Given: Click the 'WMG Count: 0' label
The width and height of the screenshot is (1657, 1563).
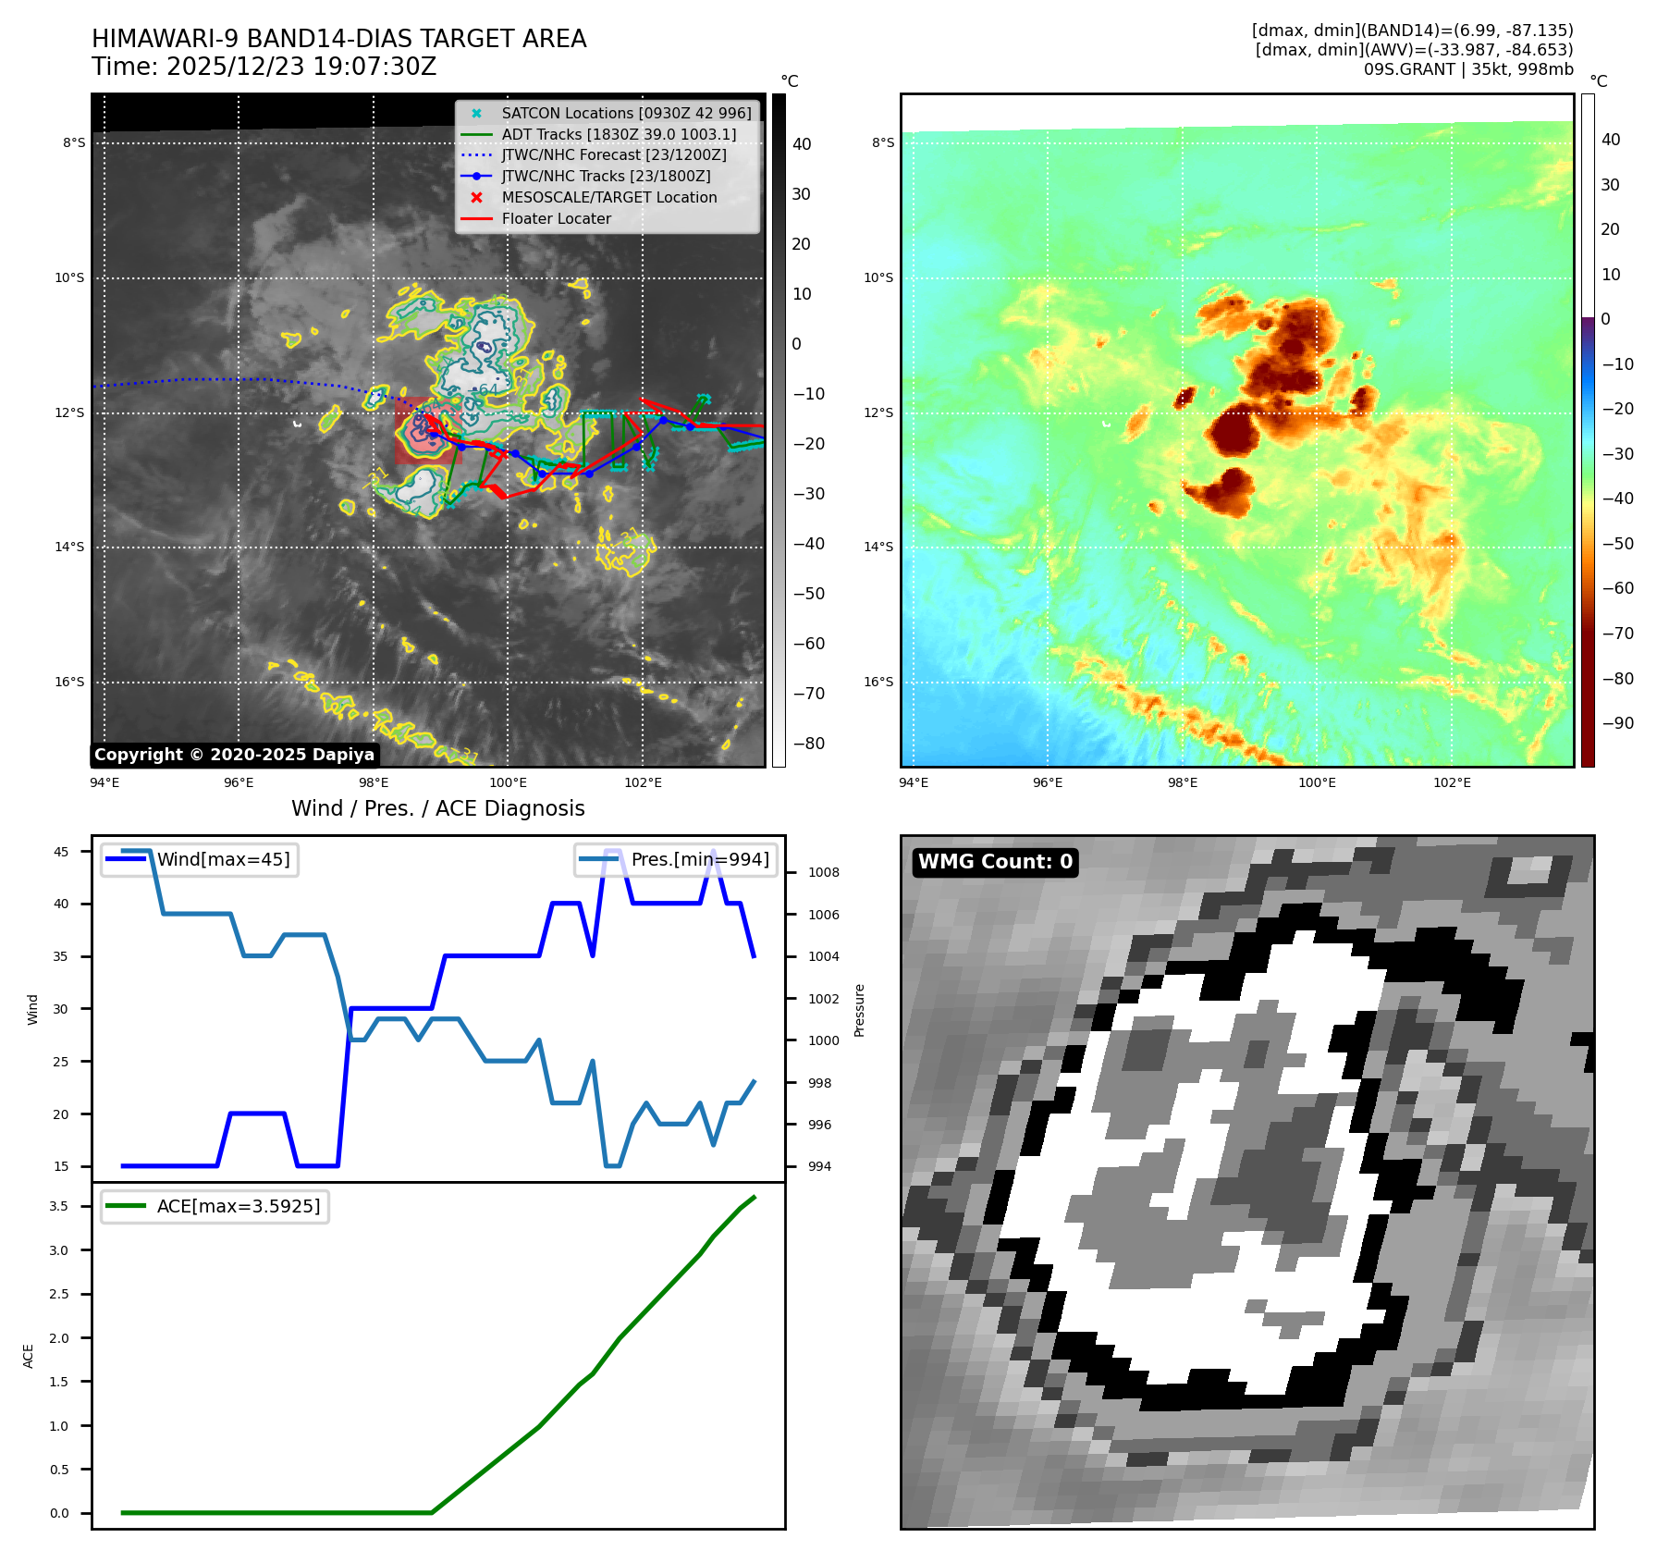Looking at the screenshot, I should point(995,862).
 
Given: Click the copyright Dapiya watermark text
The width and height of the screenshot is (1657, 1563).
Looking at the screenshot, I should point(234,755).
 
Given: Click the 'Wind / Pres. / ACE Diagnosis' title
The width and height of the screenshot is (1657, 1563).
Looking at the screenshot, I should point(438,808).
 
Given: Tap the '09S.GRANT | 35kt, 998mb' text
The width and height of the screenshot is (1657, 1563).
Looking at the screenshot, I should point(1468,69).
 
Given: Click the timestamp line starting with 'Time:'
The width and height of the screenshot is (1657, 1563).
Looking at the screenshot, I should point(264,67).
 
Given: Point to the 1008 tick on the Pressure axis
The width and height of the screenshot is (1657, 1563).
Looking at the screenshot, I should point(823,872).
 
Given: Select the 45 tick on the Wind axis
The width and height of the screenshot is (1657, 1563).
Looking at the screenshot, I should point(61,852).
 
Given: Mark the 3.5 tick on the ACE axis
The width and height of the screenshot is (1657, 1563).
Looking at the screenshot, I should point(59,1206).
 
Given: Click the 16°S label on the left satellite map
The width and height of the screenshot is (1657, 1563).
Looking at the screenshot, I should point(69,683).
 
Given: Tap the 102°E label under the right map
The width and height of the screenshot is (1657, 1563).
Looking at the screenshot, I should point(1452,782).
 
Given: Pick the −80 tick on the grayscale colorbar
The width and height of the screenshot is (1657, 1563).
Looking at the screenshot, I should point(808,744).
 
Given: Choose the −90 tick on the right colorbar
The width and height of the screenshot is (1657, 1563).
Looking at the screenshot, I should point(1617,723).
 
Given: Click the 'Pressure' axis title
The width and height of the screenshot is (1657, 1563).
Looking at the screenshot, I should point(860,1010).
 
